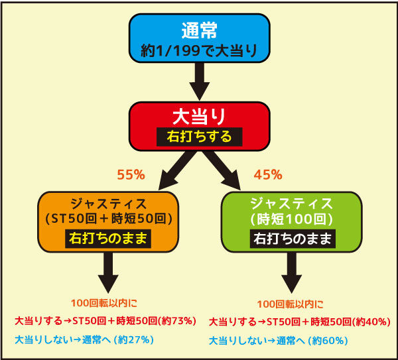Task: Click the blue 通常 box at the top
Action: point(199,38)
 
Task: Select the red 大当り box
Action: point(199,127)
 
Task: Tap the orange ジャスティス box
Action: point(108,222)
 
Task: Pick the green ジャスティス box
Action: point(291,222)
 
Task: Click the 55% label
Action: point(131,175)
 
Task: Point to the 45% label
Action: point(268,175)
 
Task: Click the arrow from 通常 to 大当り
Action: point(200,81)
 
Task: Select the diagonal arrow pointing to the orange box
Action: point(178,170)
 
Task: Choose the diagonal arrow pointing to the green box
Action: point(222,170)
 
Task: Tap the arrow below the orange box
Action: point(108,272)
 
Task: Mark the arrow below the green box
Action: point(292,272)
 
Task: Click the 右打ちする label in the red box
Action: point(200,137)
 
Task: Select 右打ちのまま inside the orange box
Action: point(108,239)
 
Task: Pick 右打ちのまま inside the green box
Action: point(293,239)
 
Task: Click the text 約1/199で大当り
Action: point(199,51)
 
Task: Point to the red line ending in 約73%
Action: point(105,321)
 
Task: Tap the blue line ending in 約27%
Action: point(84,339)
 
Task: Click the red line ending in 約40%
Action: point(300,322)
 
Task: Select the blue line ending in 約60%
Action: point(279,341)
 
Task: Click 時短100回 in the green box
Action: point(291,219)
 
